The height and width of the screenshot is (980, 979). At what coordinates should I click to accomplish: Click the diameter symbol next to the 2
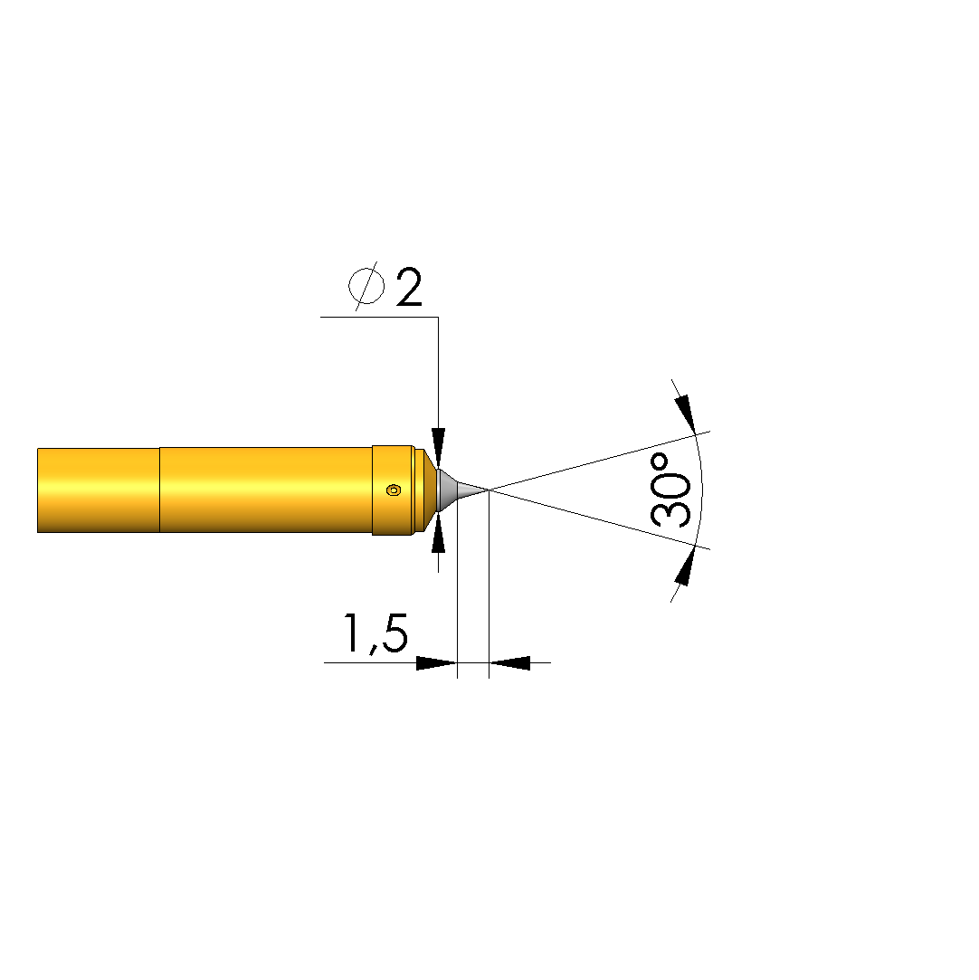pos(366,286)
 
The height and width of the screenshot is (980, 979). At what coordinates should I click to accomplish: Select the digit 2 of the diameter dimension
pos(409,287)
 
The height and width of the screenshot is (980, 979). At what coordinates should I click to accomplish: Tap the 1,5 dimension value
pos(375,633)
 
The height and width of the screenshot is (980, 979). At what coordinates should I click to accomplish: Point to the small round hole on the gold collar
pos(394,490)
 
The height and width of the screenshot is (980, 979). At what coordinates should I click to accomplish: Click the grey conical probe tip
pos(462,490)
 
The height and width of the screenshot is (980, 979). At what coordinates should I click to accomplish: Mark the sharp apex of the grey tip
pos(488,490)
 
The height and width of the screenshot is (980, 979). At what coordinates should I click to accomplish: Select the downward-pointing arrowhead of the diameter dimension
pos(439,448)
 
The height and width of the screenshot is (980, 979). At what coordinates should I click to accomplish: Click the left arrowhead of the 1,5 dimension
pos(437,662)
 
